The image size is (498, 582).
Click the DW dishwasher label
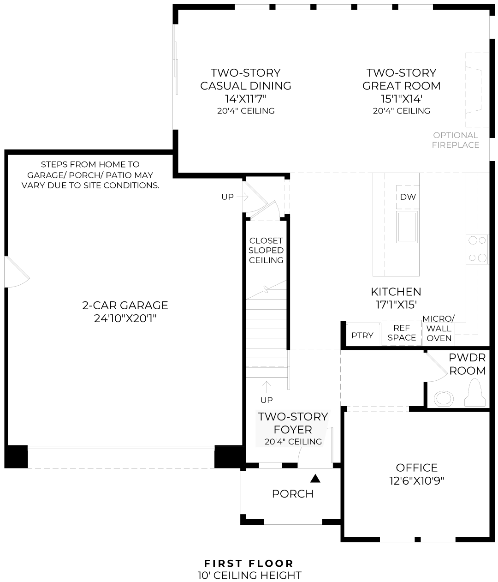pyautogui.click(x=408, y=197)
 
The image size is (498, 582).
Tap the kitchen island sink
pyautogui.click(x=407, y=227)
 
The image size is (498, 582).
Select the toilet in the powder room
pyautogui.click(x=474, y=392)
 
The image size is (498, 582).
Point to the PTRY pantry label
pyautogui.click(x=362, y=336)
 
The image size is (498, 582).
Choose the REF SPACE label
pyautogui.click(x=402, y=332)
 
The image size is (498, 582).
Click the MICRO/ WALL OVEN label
pyautogui.click(x=439, y=328)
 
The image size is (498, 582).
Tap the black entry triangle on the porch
pyautogui.click(x=315, y=478)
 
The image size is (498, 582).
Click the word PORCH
pyautogui.click(x=293, y=494)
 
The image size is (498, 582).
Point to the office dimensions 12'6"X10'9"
pyautogui.click(x=417, y=480)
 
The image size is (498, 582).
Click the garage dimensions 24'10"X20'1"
pyautogui.click(x=125, y=318)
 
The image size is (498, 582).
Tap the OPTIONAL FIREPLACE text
pyautogui.click(x=456, y=140)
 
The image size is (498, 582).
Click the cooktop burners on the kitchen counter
pyautogui.click(x=477, y=249)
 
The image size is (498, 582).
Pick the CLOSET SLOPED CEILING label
pyautogui.click(x=266, y=250)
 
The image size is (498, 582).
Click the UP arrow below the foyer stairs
pyautogui.click(x=267, y=387)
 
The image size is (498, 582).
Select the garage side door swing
pyautogui.click(x=17, y=272)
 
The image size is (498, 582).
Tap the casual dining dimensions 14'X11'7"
pyautogui.click(x=246, y=99)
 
